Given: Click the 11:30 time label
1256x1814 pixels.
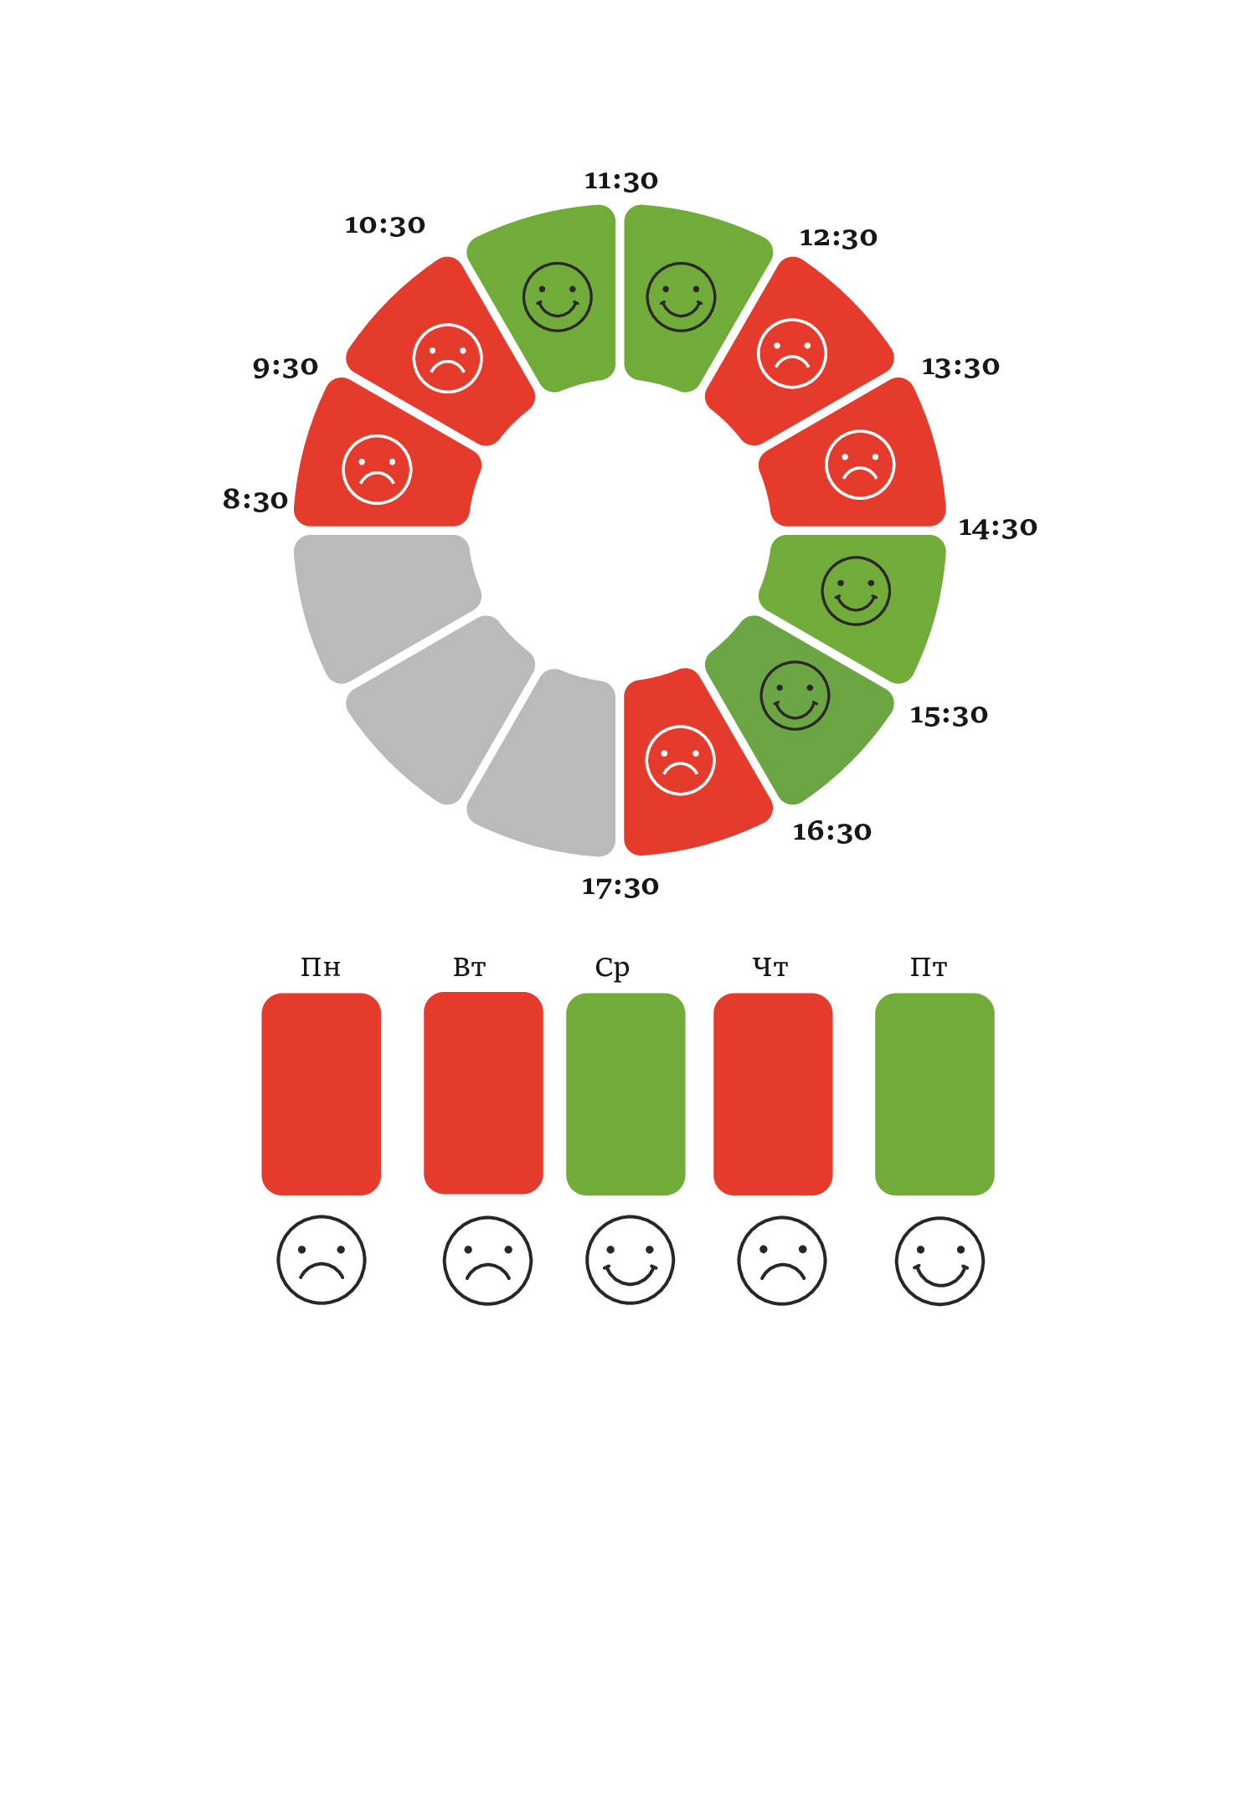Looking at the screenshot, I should [x=620, y=181].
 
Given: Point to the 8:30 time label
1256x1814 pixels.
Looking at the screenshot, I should [x=255, y=500].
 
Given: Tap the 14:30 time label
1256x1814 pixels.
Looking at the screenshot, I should [x=997, y=527].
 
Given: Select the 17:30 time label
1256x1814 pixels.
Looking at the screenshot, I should [x=620, y=886].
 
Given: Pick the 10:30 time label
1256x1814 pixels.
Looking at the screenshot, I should [x=385, y=225].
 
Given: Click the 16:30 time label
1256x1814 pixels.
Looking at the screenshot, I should [x=831, y=831].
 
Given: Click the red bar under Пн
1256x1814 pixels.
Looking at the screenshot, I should [x=322, y=1093].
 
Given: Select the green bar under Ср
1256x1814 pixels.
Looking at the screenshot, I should [x=625, y=1093].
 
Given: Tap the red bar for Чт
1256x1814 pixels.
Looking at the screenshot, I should [x=773, y=1093].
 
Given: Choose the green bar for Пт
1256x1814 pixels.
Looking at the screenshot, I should [x=934, y=1093].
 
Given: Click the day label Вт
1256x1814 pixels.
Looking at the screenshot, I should [x=470, y=968].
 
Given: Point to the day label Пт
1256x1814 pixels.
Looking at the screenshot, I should [x=929, y=968].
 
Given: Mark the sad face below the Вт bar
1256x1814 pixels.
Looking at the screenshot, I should [x=487, y=1260].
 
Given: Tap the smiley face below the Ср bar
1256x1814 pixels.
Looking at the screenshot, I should [x=631, y=1260].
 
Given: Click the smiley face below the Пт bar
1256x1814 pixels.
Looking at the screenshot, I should [x=939, y=1261].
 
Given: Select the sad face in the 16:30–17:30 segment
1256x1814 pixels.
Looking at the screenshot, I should [x=680, y=760].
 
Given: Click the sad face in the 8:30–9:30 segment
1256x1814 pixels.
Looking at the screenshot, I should [x=377, y=470].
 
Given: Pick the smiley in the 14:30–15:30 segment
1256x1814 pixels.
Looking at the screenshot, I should [x=856, y=591].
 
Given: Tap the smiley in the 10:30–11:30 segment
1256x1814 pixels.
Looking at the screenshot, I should [x=558, y=297].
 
